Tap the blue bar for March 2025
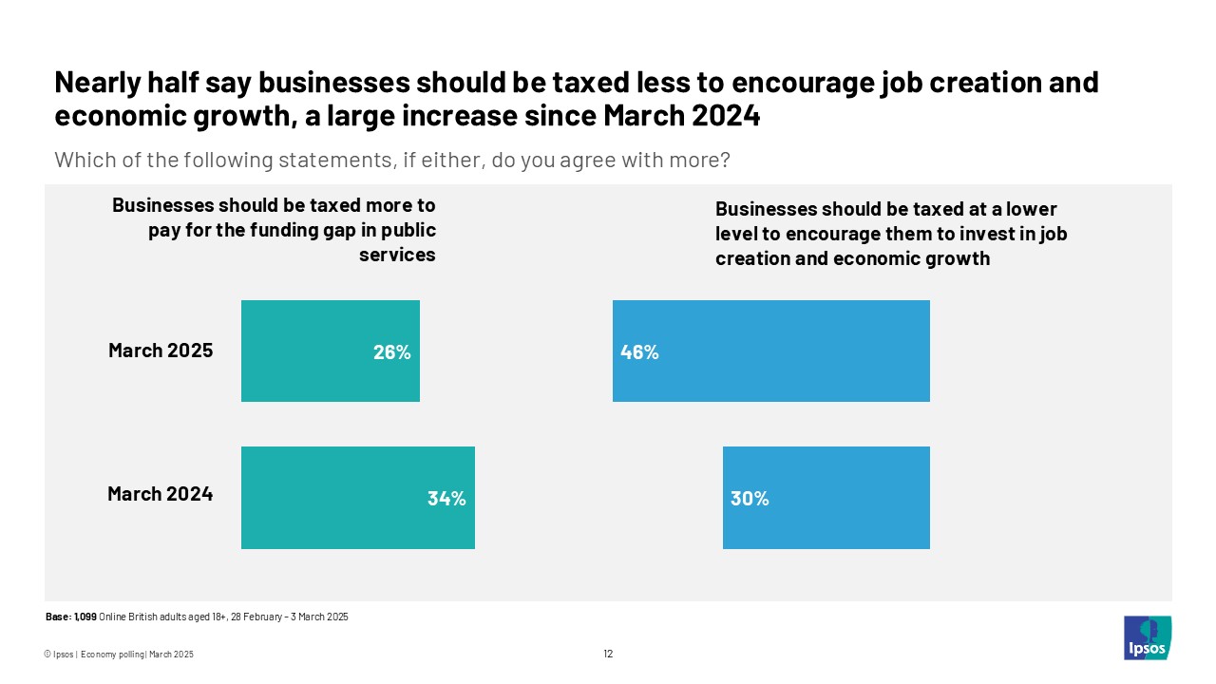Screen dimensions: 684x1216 click(x=770, y=351)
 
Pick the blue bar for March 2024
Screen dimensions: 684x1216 click(x=826, y=497)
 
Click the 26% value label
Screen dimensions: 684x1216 click(x=391, y=352)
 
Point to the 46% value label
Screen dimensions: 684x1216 click(x=639, y=352)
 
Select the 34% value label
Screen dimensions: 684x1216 click(x=446, y=498)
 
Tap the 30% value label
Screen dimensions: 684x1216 click(x=750, y=498)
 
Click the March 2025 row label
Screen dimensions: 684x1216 click(x=161, y=351)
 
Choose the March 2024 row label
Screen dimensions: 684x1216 click(x=160, y=494)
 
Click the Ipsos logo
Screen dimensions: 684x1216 click(x=1147, y=637)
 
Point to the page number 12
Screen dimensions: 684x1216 click(x=608, y=654)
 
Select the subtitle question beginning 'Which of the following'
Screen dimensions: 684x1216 click(x=391, y=160)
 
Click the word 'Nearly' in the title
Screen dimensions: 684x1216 click(x=98, y=83)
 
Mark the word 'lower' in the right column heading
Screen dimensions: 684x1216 click(x=1030, y=209)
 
